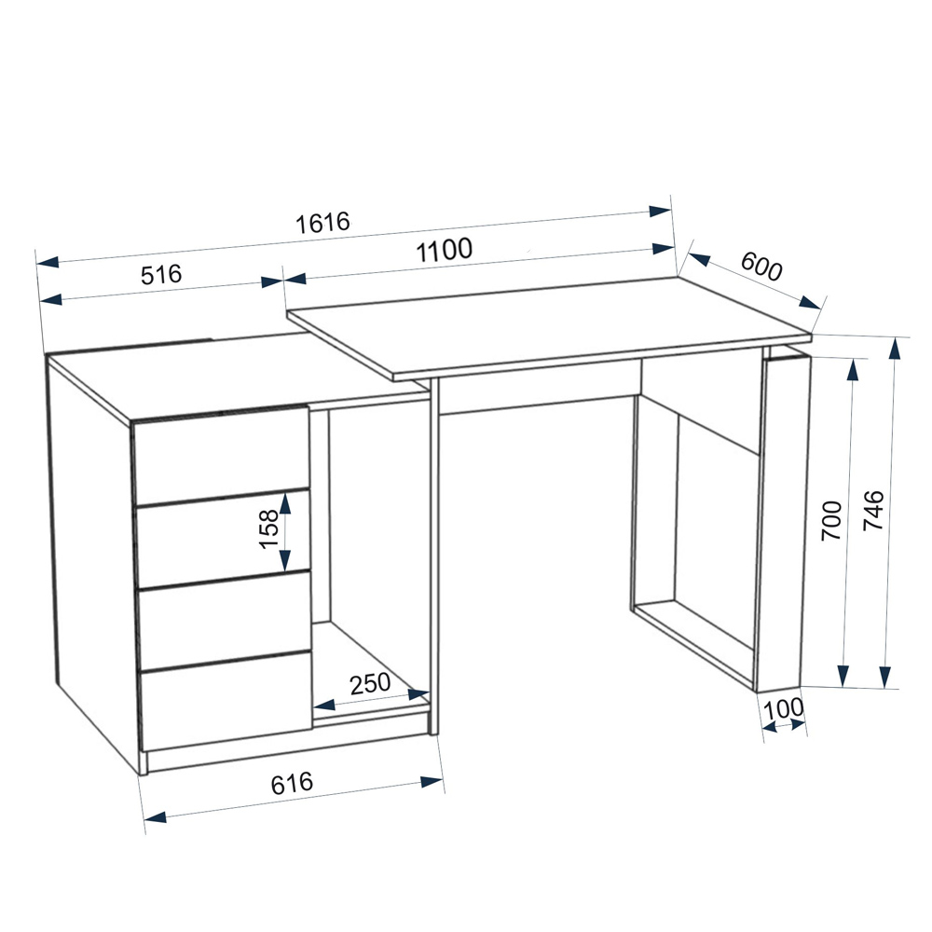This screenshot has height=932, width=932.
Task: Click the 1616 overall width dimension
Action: (322, 223)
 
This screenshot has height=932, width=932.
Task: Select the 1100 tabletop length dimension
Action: (444, 250)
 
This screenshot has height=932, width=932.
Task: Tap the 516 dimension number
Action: (161, 275)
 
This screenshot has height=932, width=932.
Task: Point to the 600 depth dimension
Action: (761, 266)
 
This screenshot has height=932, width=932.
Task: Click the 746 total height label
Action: (873, 511)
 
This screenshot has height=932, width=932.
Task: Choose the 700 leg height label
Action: (831, 520)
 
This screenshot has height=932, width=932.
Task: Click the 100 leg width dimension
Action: (783, 709)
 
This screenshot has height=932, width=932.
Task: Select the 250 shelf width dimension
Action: (370, 683)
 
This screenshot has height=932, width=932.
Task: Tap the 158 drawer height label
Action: (268, 529)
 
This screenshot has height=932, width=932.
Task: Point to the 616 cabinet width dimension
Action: (291, 784)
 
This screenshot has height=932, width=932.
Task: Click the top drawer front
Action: (221, 456)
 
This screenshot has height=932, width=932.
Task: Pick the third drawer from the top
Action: (225, 620)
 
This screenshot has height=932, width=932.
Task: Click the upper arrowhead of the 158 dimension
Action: (285, 504)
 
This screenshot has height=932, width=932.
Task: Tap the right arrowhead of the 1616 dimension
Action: (661, 211)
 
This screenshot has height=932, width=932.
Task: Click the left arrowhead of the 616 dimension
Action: (155, 818)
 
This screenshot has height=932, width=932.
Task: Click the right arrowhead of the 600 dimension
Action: (810, 303)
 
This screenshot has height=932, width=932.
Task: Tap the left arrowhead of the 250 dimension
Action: (324, 705)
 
